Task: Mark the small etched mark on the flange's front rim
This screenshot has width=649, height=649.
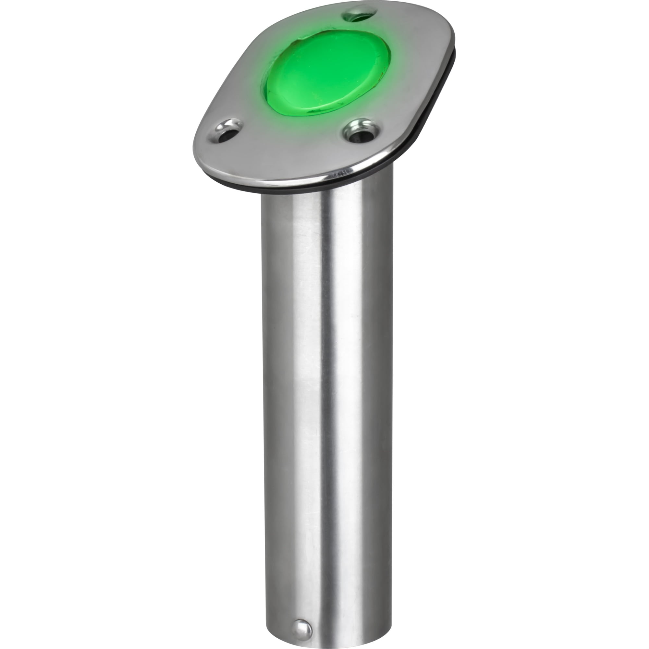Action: click(x=339, y=174)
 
